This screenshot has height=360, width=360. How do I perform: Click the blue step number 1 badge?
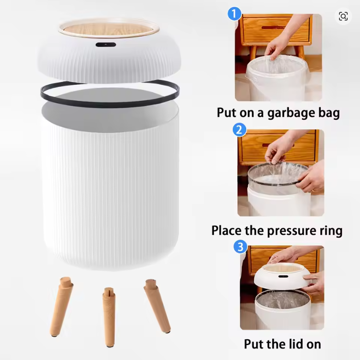coord(235,14)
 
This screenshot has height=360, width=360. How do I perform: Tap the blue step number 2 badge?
coord(239,130)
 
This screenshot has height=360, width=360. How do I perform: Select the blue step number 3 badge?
coord(240,247)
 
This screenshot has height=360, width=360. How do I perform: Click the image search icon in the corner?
coord(343,16)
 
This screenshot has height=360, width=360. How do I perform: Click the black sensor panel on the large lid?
coord(106,45)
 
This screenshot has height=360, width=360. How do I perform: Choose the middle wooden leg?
coord(109,315)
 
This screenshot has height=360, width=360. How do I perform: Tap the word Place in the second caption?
coord(228,230)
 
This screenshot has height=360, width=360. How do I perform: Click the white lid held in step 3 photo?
coord(281,275)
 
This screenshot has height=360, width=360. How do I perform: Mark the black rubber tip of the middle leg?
coord(109,345)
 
